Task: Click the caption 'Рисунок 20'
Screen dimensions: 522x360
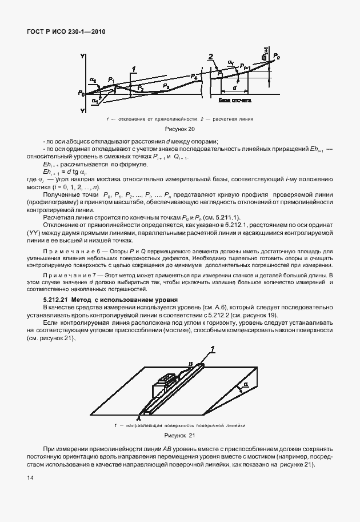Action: click(x=179, y=129)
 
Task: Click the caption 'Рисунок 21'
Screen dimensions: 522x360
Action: click(x=180, y=436)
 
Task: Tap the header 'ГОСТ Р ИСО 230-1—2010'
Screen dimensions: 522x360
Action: click(x=65, y=33)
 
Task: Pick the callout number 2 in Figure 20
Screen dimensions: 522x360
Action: click(x=211, y=57)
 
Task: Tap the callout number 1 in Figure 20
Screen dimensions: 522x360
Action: click(x=133, y=70)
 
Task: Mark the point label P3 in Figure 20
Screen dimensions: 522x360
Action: click(x=166, y=86)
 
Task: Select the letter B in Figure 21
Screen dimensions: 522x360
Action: click(x=191, y=362)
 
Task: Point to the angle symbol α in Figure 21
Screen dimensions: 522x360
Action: click(x=245, y=386)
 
